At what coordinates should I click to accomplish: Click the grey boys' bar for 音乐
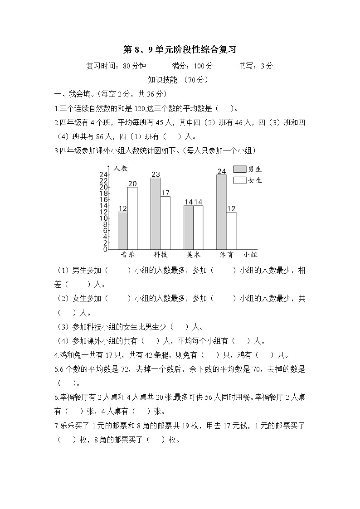coord(122,230)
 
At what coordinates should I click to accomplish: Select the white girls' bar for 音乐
coord(132,218)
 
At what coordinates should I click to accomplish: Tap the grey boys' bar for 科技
coord(156,213)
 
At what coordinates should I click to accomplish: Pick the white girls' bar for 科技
coord(165,223)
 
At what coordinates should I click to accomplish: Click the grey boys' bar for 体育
coord(221,212)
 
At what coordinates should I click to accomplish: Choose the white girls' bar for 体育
coord(231,230)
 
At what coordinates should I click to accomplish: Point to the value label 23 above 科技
coord(156,175)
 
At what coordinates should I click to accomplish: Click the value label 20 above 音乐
coord(132,184)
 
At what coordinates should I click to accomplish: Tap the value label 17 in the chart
coord(165,193)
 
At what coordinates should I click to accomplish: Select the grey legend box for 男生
coord(239,169)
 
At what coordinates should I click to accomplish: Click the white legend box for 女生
coord(239,180)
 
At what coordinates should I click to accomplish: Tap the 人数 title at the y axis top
coord(121,168)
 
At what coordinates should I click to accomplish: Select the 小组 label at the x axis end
coord(250,255)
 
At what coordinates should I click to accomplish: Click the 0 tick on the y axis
coord(105,249)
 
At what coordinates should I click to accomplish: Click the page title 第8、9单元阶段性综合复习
coord(180,49)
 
